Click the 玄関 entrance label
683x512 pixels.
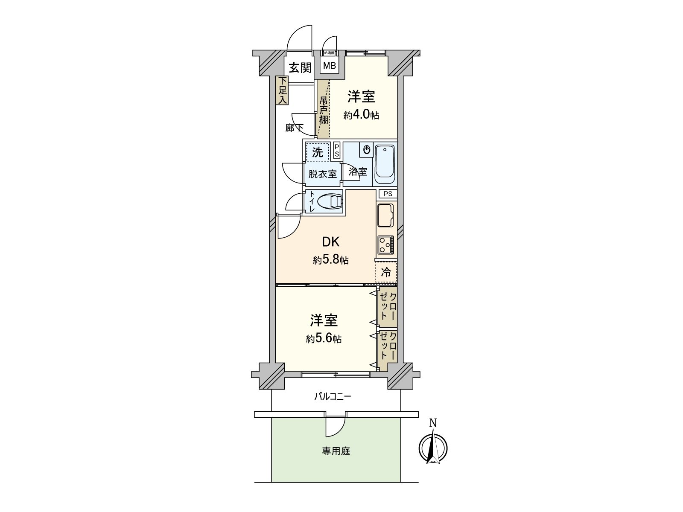[x=300, y=67]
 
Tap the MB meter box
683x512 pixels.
[x=329, y=66]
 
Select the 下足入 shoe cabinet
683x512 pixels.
[x=282, y=90]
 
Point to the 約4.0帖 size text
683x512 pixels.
[x=361, y=115]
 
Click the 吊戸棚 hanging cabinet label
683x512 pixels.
[x=324, y=110]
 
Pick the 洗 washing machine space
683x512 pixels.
[x=318, y=152]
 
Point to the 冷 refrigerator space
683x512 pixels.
[x=386, y=273]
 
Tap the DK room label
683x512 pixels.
[x=330, y=242]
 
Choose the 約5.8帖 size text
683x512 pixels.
[x=331, y=260]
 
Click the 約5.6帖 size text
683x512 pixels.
[x=324, y=339]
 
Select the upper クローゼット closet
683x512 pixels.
[x=388, y=306]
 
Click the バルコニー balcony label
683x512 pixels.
[x=333, y=397]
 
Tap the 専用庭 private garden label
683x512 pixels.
[x=336, y=451]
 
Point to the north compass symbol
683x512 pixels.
[x=433, y=448]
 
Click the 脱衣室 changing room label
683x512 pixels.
[x=323, y=174]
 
